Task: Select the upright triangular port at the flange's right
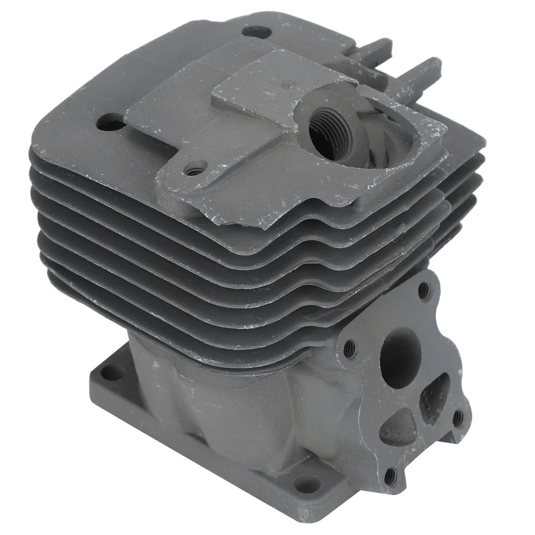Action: [x=435, y=397]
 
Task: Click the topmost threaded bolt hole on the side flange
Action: [x=423, y=291]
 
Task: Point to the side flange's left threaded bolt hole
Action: [x=349, y=348]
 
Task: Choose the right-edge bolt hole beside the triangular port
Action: [x=457, y=417]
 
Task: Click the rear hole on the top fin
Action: [x=257, y=31]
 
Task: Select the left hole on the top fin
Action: [x=110, y=122]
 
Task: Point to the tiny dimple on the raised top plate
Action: [x=288, y=85]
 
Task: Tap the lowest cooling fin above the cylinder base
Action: [x=201, y=328]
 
